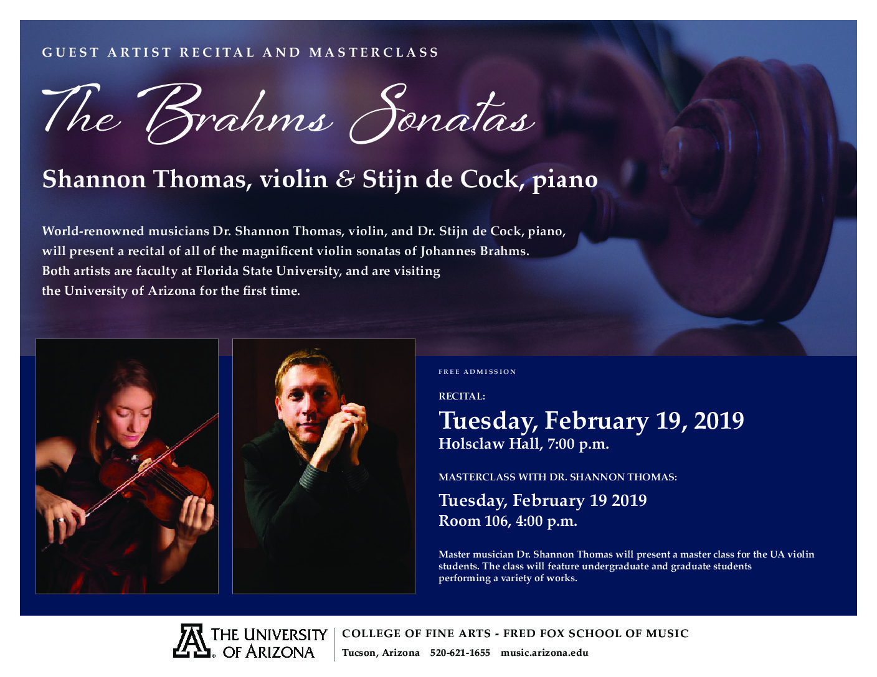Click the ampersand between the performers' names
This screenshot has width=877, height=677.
(345, 179)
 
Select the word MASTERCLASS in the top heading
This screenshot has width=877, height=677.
(374, 52)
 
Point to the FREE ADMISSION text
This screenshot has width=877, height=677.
(478, 371)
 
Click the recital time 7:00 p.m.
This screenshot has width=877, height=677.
(578, 444)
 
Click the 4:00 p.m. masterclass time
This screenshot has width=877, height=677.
(546, 521)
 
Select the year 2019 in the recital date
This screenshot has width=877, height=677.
(719, 421)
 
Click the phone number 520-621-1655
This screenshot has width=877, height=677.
(460, 653)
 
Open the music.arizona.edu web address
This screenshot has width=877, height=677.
(544, 653)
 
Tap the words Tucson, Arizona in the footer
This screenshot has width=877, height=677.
(381, 653)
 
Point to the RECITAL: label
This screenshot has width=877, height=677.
(462, 396)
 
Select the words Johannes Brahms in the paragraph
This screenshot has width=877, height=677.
(475, 251)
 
